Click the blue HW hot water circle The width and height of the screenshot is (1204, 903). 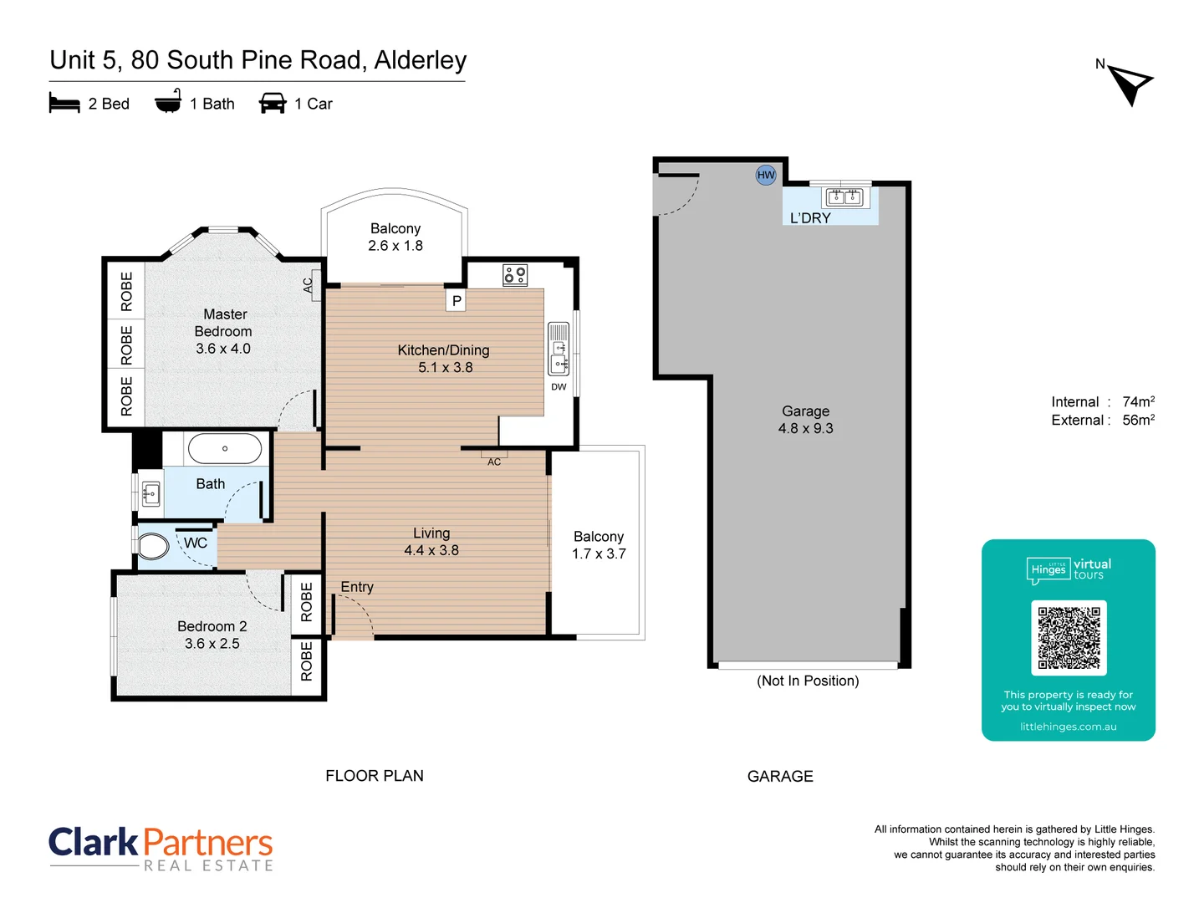point(766,175)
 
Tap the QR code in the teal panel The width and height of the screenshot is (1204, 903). point(1069,638)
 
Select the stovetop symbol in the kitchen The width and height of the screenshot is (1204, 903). point(515,274)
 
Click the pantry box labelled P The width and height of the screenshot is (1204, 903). point(457,301)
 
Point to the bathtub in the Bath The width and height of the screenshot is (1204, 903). point(225,449)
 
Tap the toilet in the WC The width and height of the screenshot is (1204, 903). point(153,547)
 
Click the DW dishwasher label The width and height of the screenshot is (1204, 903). point(559,387)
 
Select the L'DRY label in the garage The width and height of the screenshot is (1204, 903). point(810,218)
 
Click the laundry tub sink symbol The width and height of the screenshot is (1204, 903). point(844,197)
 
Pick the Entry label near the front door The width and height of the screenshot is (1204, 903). point(357,587)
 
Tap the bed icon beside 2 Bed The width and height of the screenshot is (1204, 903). point(64,104)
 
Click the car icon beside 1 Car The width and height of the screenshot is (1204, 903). point(273,104)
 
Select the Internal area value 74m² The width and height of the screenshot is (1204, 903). point(1138,401)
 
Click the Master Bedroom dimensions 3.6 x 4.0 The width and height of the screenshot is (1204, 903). point(223,349)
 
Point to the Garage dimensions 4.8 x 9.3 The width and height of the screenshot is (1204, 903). point(805,428)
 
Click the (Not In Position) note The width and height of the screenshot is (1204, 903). point(808,681)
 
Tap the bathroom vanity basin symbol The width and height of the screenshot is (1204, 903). point(151,494)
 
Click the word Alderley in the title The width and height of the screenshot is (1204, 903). point(421,60)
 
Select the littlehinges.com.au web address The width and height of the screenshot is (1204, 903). point(1068,727)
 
